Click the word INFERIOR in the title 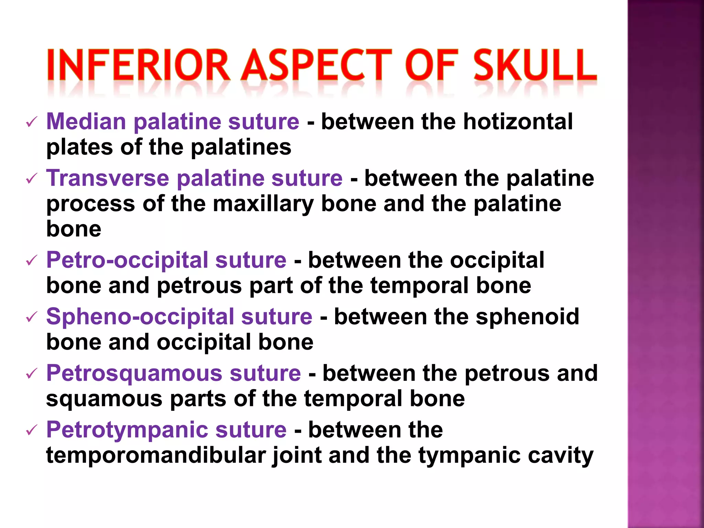tap(138, 65)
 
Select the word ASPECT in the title tap(316, 65)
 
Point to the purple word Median tap(86, 122)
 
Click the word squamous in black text tap(104, 399)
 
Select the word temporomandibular tap(156, 455)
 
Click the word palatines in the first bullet tap(241, 147)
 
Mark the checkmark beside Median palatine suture tap(31, 122)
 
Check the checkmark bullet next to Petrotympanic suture tap(31, 430)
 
